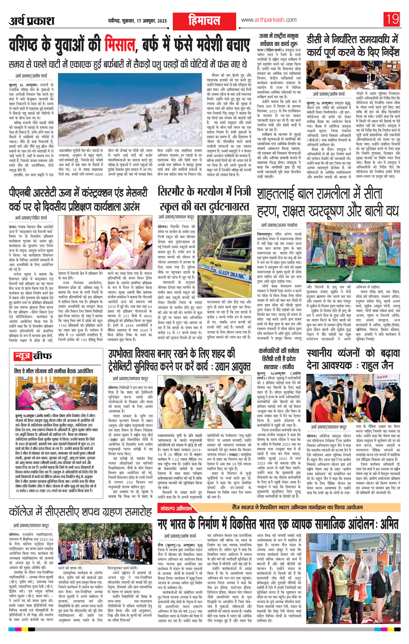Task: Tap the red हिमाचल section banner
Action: [204, 21]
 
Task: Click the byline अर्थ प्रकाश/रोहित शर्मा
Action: [33, 217]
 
